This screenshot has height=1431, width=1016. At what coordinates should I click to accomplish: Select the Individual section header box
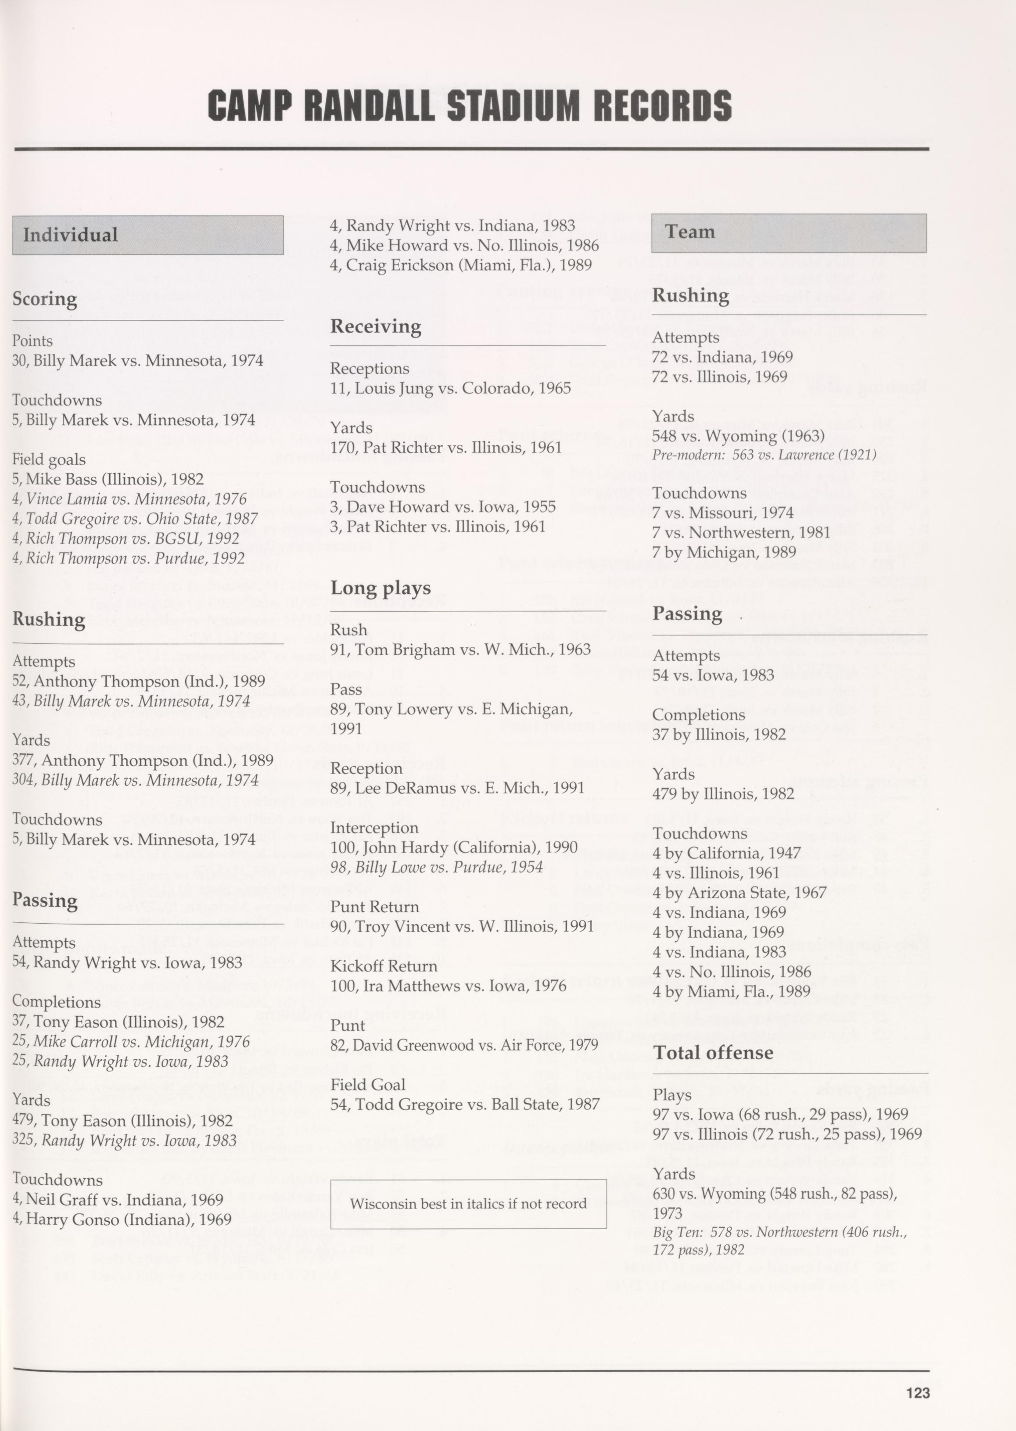coord(147,235)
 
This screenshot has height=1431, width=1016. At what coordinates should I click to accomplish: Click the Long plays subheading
coord(381,588)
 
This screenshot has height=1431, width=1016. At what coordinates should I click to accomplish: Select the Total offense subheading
coord(713,1053)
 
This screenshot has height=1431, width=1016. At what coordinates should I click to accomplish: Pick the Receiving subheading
coord(375,326)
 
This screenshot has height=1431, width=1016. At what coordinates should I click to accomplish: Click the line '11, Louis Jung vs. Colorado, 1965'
coord(450,388)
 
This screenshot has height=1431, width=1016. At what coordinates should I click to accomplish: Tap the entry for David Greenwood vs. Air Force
coord(464,1045)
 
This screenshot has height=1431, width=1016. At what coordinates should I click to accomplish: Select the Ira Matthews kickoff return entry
coord(448,986)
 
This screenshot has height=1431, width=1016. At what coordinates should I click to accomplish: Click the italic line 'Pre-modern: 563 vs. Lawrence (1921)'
coord(764,455)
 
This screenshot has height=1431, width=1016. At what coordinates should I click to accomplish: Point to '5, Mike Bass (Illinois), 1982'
coord(108,479)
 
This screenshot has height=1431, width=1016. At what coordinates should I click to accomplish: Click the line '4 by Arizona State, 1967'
coord(740,893)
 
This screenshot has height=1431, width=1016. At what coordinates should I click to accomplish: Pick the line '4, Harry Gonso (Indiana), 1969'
coord(122,1219)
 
